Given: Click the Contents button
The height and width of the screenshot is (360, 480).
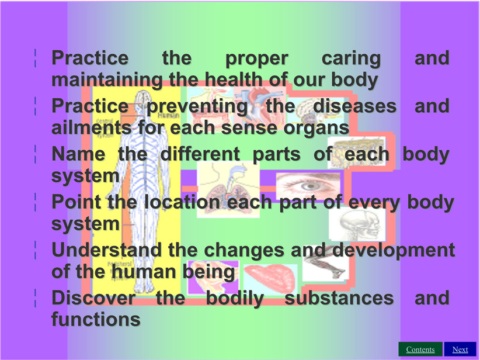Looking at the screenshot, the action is click(420, 349).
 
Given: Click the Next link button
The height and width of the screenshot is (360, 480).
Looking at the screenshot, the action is click(460, 349).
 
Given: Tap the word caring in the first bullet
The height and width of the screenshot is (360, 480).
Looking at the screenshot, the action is click(351, 59).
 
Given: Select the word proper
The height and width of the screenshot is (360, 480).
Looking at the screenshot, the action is click(257, 59).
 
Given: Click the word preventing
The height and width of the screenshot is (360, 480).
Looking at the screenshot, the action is click(197, 106).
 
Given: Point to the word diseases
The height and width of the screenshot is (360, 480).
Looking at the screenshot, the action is click(355, 106).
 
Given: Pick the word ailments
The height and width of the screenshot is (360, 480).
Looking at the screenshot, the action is click(91, 127).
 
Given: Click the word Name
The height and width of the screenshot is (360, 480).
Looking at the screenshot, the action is click(78, 154).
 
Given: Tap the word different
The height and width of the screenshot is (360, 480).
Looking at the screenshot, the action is click(200, 154).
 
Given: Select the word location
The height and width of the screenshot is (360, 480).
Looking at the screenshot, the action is click(182, 202).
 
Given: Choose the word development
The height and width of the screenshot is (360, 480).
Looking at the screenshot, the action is click(394, 251).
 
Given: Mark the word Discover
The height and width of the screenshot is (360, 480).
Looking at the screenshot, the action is click(93, 297).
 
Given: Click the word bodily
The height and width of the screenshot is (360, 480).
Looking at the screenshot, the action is click(235, 299).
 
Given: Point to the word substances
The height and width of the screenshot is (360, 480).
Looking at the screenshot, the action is click(339, 297).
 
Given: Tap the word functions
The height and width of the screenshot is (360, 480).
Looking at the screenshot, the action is click(96, 319).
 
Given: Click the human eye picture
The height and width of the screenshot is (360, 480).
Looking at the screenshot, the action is click(308, 186).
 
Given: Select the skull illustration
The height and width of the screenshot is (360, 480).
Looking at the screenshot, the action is click(357, 224).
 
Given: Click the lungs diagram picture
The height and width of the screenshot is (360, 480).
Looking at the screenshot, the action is click(228, 190).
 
